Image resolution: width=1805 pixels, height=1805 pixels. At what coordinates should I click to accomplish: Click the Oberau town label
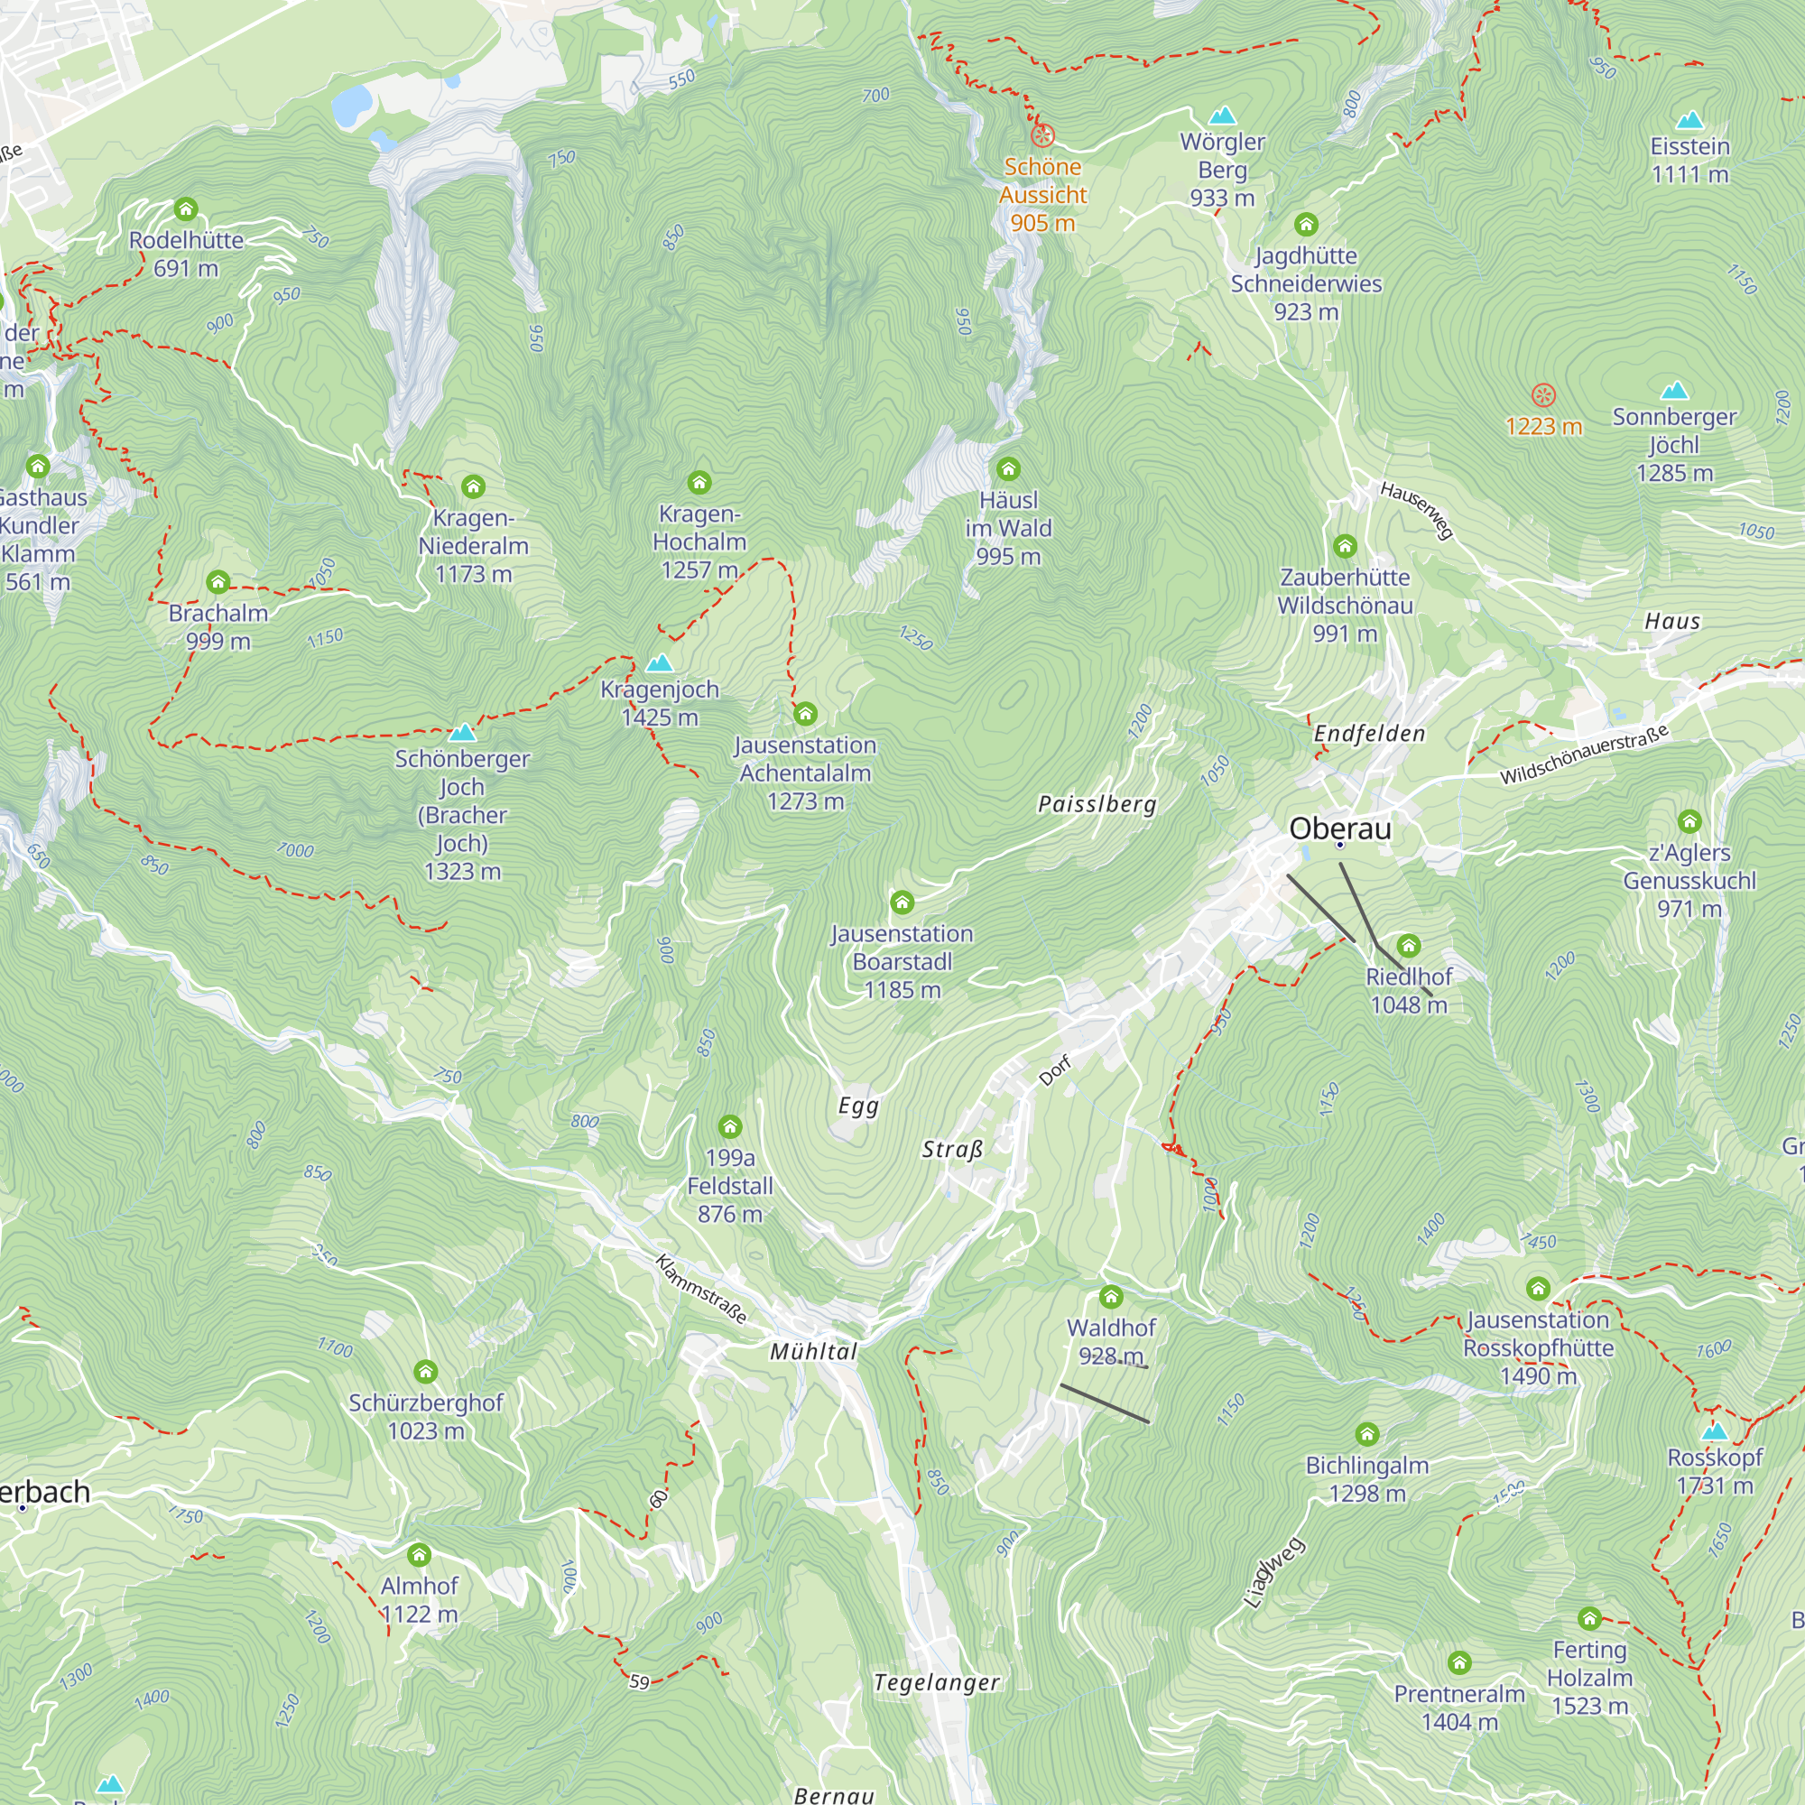(1339, 828)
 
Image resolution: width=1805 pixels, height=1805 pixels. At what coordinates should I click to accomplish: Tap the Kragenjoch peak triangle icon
(660, 663)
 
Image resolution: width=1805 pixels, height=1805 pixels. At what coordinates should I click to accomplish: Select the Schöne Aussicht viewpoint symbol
(1042, 135)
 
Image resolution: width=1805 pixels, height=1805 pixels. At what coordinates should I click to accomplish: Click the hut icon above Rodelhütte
(186, 208)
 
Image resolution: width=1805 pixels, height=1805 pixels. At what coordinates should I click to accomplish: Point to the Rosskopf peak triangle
(1715, 1431)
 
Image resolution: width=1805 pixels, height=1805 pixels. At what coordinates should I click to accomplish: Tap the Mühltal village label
(813, 1351)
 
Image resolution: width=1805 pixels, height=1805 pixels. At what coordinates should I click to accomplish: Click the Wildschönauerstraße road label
(1584, 754)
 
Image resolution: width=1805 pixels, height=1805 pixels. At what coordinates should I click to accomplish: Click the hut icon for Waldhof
(1111, 1297)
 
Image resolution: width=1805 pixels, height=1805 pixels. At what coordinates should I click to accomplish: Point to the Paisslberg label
(1097, 804)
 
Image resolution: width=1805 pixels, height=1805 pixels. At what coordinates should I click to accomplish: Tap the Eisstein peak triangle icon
(1689, 120)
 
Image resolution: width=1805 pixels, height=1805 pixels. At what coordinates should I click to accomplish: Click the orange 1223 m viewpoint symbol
(1543, 395)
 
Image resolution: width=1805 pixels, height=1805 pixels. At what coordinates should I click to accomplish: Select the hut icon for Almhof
(419, 1556)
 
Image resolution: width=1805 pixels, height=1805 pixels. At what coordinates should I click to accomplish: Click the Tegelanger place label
(936, 1682)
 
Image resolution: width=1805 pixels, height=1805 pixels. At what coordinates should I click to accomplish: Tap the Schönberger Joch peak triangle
(462, 733)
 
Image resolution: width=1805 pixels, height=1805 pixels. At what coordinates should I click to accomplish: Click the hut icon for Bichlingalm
(1366, 1434)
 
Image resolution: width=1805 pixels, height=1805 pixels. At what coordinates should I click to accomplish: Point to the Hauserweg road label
(1417, 510)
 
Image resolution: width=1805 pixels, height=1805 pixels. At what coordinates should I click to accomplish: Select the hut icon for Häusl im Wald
(1008, 469)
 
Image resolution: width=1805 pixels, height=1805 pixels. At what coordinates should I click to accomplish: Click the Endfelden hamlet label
(1370, 734)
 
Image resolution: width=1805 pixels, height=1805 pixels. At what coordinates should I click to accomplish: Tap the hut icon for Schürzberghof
(426, 1372)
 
